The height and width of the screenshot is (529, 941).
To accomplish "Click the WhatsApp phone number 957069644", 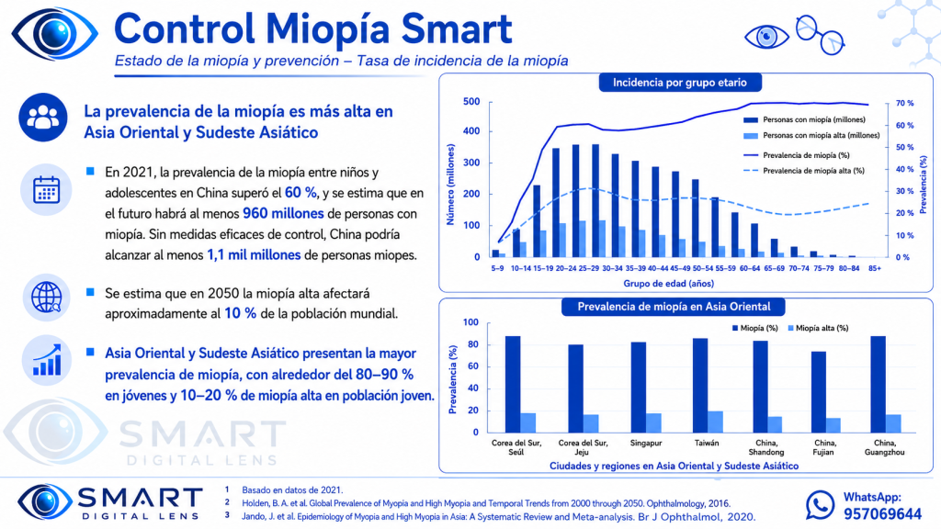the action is [x=882, y=514].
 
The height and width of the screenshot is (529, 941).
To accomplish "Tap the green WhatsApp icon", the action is [x=820, y=505].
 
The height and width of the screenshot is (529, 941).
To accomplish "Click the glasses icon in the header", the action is [x=820, y=35].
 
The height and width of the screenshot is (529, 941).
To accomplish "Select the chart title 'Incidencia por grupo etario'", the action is [x=680, y=83].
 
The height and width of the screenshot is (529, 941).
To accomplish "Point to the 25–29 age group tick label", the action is [x=589, y=269].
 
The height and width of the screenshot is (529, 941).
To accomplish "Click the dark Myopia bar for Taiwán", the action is [x=700, y=385].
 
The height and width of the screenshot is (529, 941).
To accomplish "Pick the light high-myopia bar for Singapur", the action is [x=653, y=422].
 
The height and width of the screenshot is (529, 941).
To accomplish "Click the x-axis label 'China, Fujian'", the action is [x=824, y=447].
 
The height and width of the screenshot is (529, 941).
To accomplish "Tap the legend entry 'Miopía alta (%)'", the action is [x=818, y=328].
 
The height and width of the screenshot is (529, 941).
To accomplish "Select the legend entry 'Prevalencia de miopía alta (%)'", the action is [x=804, y=171].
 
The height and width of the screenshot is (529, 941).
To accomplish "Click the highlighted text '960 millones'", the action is [x=283, y=213].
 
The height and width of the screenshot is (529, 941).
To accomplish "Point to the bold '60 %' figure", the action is [x=300, y=193].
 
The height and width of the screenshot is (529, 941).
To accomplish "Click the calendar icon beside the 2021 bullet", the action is [x=46, y=190].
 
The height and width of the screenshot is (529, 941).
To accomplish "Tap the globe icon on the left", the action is [x=46, y=297].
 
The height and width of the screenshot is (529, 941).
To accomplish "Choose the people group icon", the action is [x=42, y=117].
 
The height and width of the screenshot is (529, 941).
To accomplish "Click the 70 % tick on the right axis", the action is [x=904, y=103].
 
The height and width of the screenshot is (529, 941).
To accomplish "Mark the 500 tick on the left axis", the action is [x=471, y=101].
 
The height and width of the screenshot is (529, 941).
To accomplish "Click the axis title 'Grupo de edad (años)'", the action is [x=669, y=283].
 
